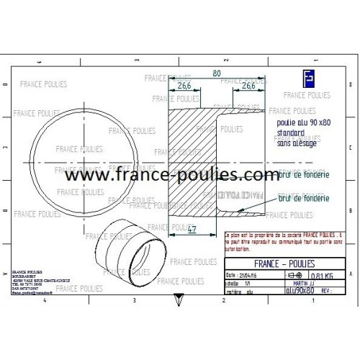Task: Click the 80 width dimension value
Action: (x=216, y=73)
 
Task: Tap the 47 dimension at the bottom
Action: (x=192, y=230)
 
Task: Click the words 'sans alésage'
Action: (x=295, y=143)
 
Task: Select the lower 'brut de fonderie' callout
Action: (x=303, y=197)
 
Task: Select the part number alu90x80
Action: (x=297, y=291)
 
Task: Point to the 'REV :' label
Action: (x=326, y=291)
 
